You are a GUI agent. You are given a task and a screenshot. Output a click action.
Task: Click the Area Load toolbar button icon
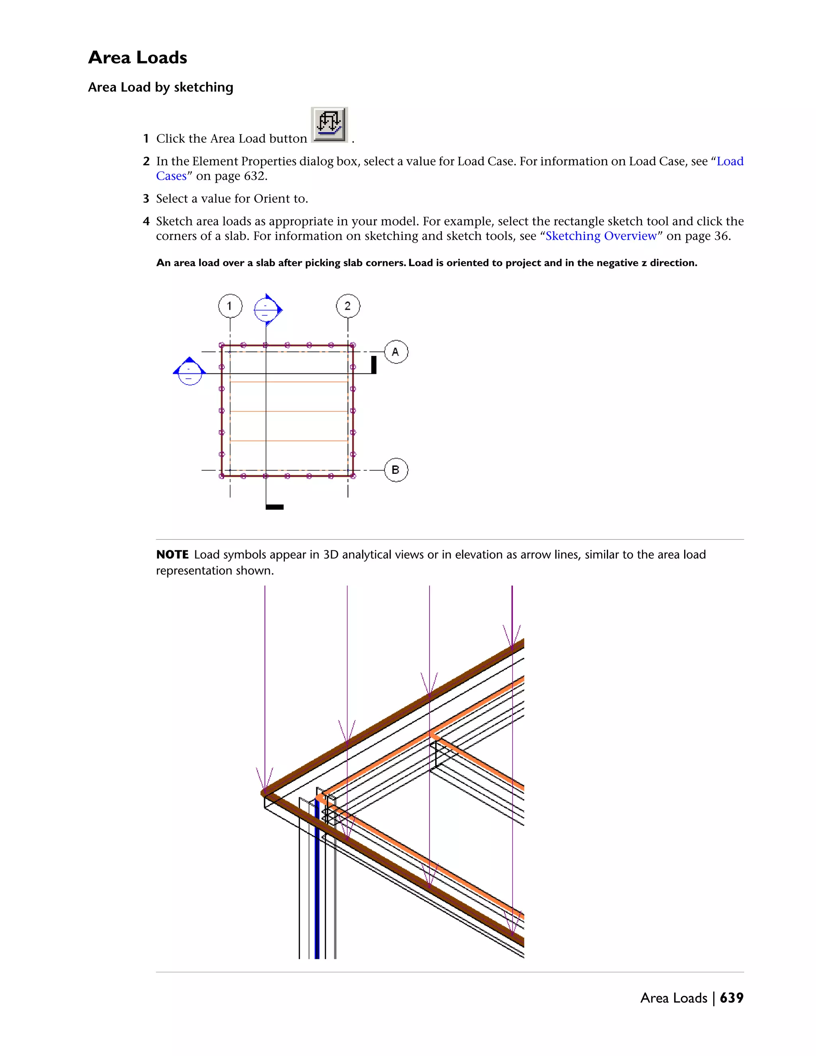(329, 125)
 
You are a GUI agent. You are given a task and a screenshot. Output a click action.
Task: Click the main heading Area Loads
(137, 57)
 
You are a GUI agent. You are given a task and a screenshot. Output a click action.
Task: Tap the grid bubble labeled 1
(229, 306)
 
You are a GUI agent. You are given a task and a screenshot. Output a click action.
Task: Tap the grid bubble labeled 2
(347, 306)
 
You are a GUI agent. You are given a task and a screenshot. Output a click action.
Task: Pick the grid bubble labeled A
(396, 352)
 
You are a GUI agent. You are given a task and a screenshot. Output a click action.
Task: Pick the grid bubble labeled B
(396, 470)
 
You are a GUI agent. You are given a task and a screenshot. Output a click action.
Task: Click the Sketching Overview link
(601, 236)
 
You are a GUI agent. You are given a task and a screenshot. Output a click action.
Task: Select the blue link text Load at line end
(730, 161)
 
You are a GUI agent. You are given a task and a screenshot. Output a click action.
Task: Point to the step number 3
(146, 199)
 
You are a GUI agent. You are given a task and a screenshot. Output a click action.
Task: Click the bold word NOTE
(173, 555)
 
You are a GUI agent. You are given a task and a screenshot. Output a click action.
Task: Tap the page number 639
(732, 998)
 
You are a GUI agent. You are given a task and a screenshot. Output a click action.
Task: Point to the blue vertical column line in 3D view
(317, 880)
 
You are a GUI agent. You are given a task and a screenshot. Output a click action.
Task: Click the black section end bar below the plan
(275, 507)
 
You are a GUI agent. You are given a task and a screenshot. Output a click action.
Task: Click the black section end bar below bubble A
(374, 365)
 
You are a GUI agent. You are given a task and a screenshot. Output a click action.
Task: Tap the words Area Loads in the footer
(673, 998)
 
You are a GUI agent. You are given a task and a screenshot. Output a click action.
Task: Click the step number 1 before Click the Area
(146, 139)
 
